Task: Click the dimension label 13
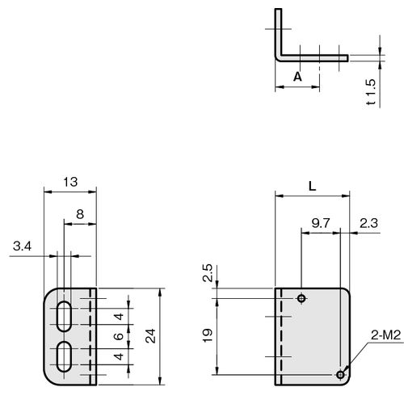[70, 182]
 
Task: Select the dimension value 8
[80, 214]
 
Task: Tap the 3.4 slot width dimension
[22, 246]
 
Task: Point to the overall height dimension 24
[151, 335]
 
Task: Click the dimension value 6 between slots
[119, 336]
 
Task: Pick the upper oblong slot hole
[64, 316]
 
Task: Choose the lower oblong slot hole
[64, 356]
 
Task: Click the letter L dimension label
[312, 186]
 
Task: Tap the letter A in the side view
[297, 77]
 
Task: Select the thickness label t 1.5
[371, 92]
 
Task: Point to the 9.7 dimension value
[321, 223]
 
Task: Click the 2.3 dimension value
[368, 223]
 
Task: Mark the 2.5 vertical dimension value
[208, 273]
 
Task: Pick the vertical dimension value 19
[208, 335]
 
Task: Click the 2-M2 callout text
[386, 335]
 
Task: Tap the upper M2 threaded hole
[301, 298]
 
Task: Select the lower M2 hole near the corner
[340, 374]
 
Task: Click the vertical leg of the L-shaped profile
[279, 32]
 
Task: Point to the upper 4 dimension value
[119, 316]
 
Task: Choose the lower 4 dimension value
[119, 356]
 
